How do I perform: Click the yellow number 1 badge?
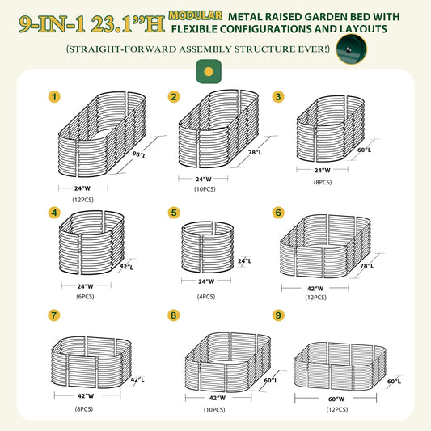coord(55,97)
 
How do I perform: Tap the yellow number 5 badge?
coord(174,213)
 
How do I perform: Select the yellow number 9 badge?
coord(278,315)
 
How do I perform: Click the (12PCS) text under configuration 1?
coord(82,199)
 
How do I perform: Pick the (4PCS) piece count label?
coord(206,296)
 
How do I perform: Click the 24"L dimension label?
coord(244,260)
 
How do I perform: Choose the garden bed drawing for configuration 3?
coord(326,134)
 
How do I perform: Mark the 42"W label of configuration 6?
coord(315,288)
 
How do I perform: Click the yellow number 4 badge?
coord(55,213)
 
